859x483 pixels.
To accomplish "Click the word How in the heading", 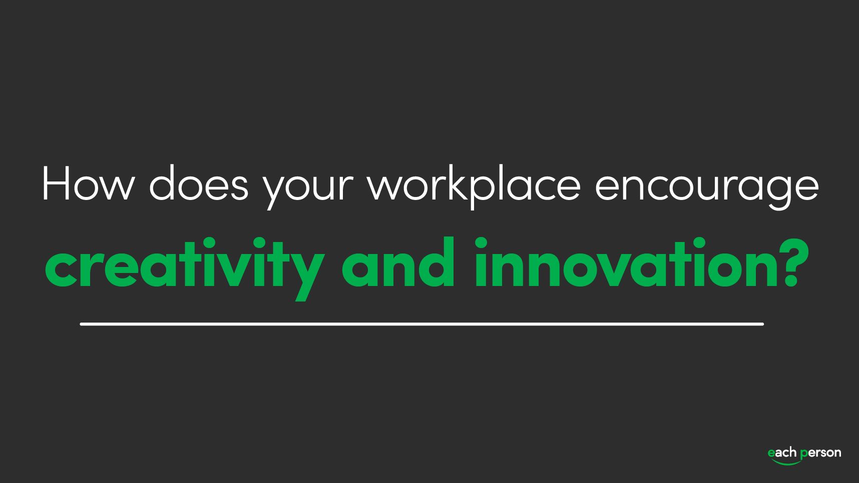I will pos(88,184).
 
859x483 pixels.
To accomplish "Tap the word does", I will pos(199,184).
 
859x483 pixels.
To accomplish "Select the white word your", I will pos(308,187).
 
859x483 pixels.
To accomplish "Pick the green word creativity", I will pos(184,265).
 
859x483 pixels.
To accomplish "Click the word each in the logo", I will pos(782,453).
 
